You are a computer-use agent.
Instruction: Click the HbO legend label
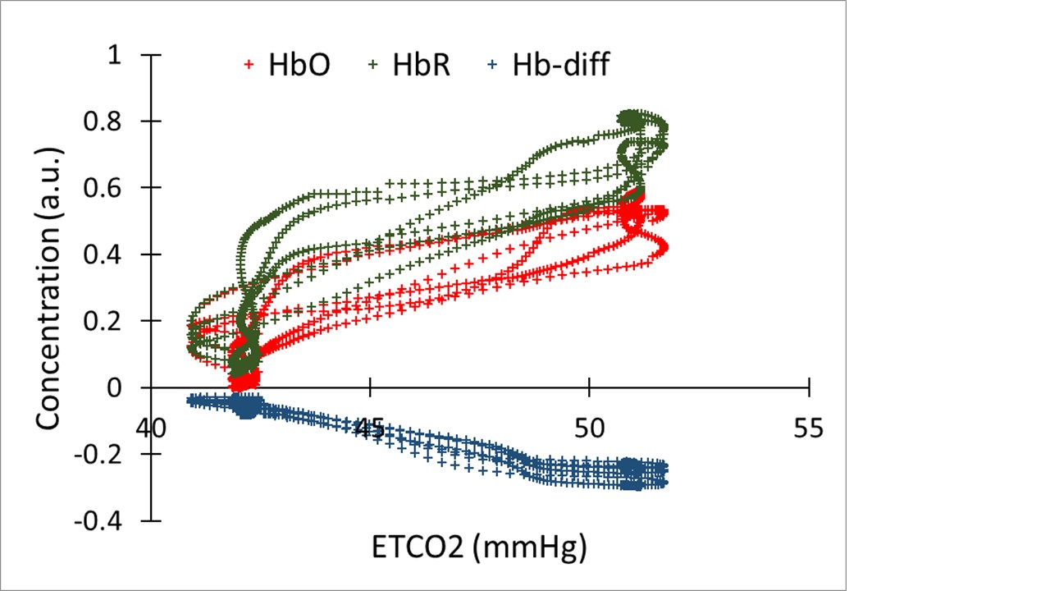299,65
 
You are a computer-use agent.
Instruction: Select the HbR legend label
420,65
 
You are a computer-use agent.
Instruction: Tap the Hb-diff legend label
561,65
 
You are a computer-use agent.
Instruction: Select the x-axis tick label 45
372,428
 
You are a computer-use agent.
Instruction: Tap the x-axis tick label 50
590,428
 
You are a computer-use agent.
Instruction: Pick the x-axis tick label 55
809,428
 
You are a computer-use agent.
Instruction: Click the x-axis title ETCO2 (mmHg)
480,547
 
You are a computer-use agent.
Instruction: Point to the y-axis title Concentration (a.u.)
48,287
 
